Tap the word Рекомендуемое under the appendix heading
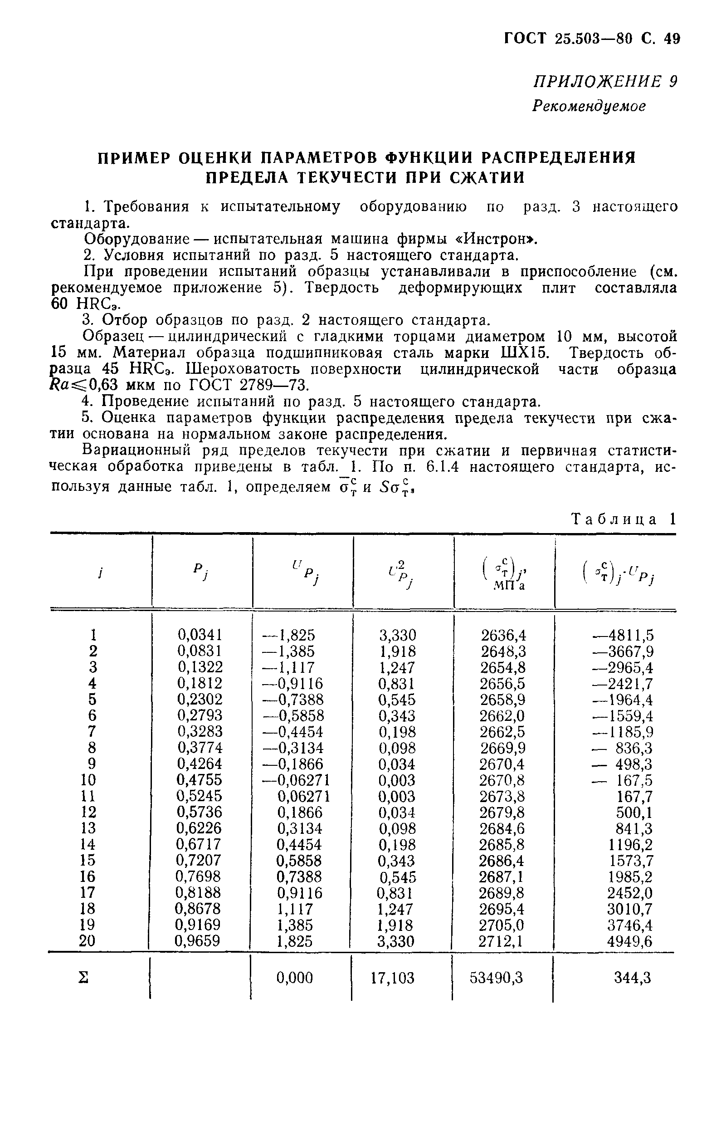click(x=589, y=106)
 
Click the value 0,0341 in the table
click(x=200, y=635)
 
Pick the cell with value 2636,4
click(x=503, y=636)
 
